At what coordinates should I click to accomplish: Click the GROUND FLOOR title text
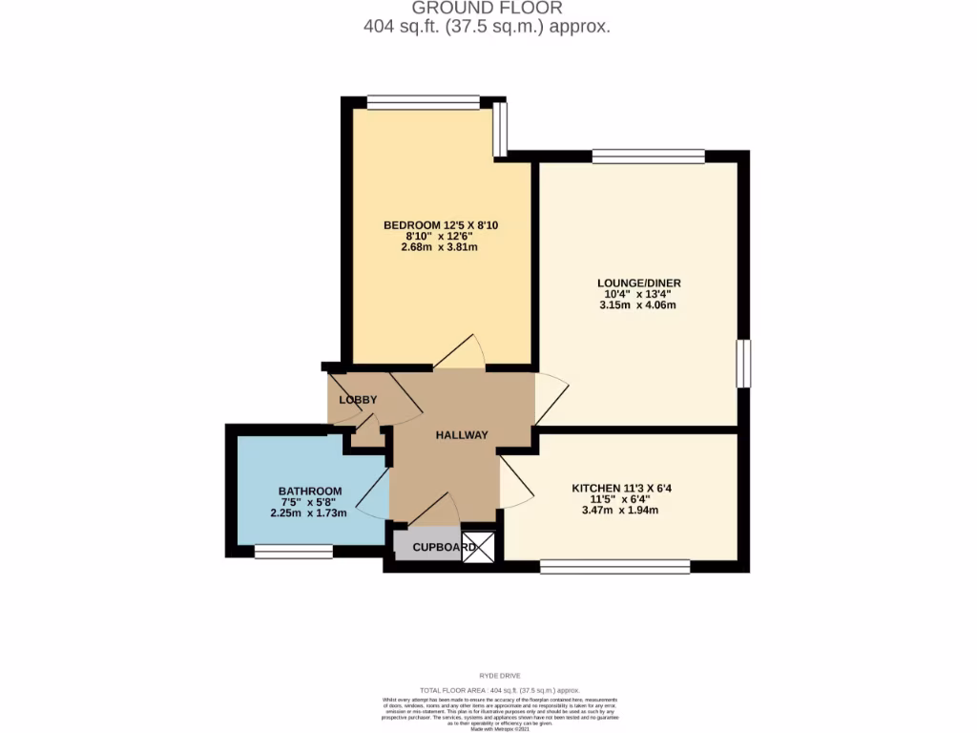click(487, 9)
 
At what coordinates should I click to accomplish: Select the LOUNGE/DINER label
click(638, 283)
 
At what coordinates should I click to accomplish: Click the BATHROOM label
click(309, 492)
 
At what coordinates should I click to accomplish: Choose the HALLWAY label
click(462, 435)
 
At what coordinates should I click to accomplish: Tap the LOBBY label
click(358, 400)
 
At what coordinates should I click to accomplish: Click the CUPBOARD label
click(445, 548)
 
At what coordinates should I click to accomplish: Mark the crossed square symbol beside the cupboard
click(480, 547)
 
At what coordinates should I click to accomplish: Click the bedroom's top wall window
click(424, 101)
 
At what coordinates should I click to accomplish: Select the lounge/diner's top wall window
click(648, 156)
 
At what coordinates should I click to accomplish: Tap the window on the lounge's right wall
click(743, 364)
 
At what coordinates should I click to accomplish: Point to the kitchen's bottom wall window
click(614, 567)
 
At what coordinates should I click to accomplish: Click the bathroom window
click(293, 551)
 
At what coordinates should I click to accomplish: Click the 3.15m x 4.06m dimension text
click(638, 306)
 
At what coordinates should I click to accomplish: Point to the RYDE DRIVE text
click(488, 675)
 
